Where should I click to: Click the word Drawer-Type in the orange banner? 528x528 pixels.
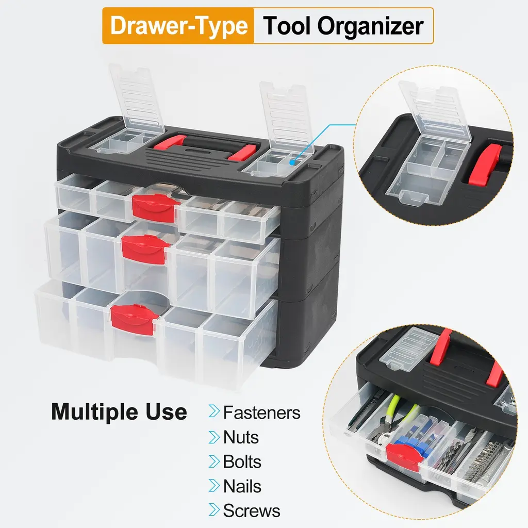click(x=179, y=26)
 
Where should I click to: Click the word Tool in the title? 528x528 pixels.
click(x=287, y=26)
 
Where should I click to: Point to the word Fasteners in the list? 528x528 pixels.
click(x=261, y=412)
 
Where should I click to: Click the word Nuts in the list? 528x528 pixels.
click(x=241, y=437)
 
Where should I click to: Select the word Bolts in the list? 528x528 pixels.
click(x=242, y=461)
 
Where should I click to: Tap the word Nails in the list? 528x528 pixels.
click(x=242, y=486)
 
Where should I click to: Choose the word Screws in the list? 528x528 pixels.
click(x=252, y=510)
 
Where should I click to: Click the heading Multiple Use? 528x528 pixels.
click(x=119, y=412)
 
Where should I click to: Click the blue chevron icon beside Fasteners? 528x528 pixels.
click(x=214, y=411)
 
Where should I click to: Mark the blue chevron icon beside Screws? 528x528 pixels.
click(x=214, y=509)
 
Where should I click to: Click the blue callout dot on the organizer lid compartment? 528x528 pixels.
click(x=292, y=162)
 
